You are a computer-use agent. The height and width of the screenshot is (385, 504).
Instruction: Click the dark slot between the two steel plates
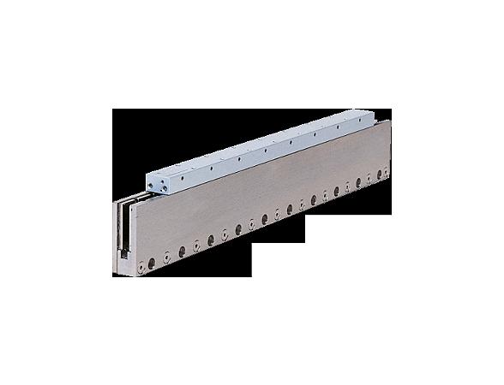pyautogui.click(x=123, y=226)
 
